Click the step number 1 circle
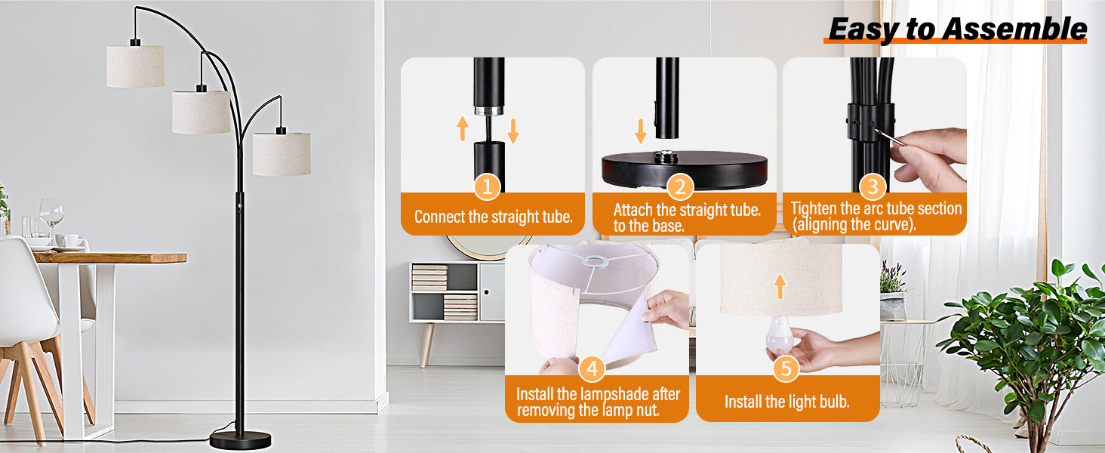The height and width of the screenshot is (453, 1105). [x=487, y=186]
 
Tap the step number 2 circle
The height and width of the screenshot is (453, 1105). [x=680, y=186]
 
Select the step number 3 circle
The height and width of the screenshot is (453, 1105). [x=873, y=186]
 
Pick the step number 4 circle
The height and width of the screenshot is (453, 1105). [x=593, y=369]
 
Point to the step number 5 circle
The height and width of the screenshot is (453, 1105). [x=786, y=368]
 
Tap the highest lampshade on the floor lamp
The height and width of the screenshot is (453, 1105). [x=135, y=66]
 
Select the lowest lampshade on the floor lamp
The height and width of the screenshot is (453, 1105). [x=282, y=154]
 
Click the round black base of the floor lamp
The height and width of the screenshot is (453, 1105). [x=240, y=439]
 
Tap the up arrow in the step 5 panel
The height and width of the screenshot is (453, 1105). [x=780, y=285]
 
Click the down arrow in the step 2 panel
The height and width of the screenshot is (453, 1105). [x=641, y=130]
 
